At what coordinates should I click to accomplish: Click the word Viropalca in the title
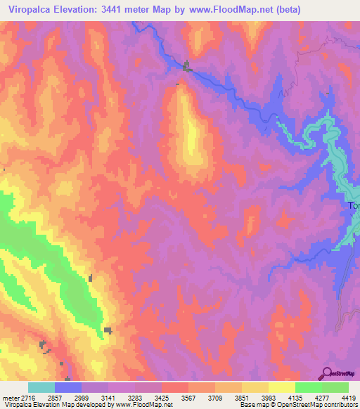[x=32, y=10]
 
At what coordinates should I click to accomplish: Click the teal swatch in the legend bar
[x=41, y=387]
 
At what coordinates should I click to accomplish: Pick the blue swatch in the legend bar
[x=68, y=387]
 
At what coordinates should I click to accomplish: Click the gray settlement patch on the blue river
[x=187, y=67]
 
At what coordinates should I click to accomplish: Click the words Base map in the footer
[x=252, y=404]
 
